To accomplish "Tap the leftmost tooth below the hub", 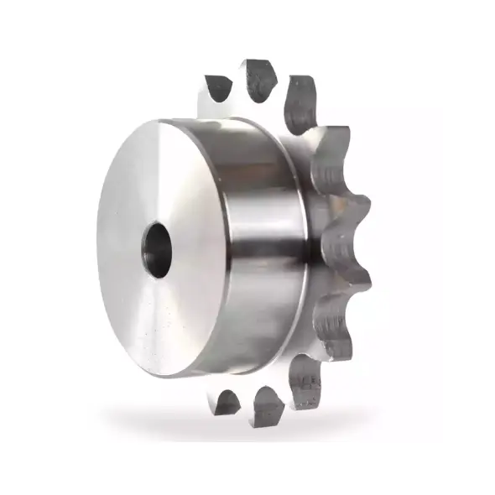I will (x=227, y=402).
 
